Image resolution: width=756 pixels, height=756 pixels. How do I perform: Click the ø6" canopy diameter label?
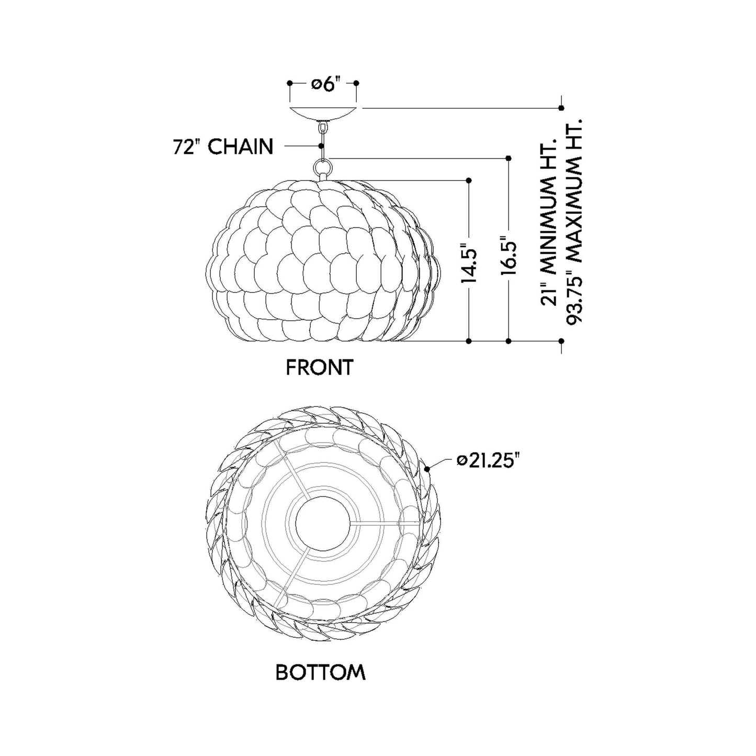click(x=323, y=84)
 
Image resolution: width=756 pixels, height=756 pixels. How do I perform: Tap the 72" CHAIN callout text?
click(x=223, y=147)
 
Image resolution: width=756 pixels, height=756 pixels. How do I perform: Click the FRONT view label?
click(x=320, y=367)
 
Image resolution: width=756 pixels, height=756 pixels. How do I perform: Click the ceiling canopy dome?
click(x=323, y=113)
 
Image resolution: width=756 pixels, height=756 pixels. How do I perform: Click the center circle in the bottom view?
click(x=323, y=522)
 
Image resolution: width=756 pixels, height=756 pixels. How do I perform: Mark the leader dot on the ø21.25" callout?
click(x=427, y=469)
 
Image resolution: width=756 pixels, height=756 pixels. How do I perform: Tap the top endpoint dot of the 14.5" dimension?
click(x=469, y=180)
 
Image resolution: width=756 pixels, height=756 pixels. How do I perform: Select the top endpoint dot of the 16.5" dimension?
click(x=509, y=157)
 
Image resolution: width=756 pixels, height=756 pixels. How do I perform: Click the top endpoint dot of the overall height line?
click(x=561, y=108)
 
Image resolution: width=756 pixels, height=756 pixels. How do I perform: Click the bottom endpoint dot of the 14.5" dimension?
click(x=469, y=341)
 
